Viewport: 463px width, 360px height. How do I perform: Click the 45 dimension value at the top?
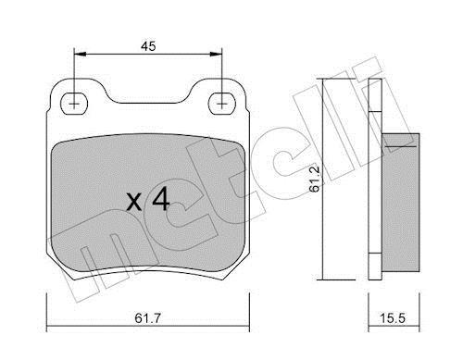(x=148, y=46)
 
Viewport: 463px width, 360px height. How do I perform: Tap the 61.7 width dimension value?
(x=148, y=318)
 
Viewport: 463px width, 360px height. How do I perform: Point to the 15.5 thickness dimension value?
(x=392, y=318)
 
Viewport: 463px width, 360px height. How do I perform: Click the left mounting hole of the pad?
(x=74, y=104)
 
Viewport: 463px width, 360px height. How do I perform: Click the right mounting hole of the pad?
(x=222, y=104)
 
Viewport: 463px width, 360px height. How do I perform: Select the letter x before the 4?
(x=134, y=203)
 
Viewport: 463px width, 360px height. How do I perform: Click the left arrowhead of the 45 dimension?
(x=81, y=55)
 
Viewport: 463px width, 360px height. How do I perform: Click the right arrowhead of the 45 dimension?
(x=216, y=55)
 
